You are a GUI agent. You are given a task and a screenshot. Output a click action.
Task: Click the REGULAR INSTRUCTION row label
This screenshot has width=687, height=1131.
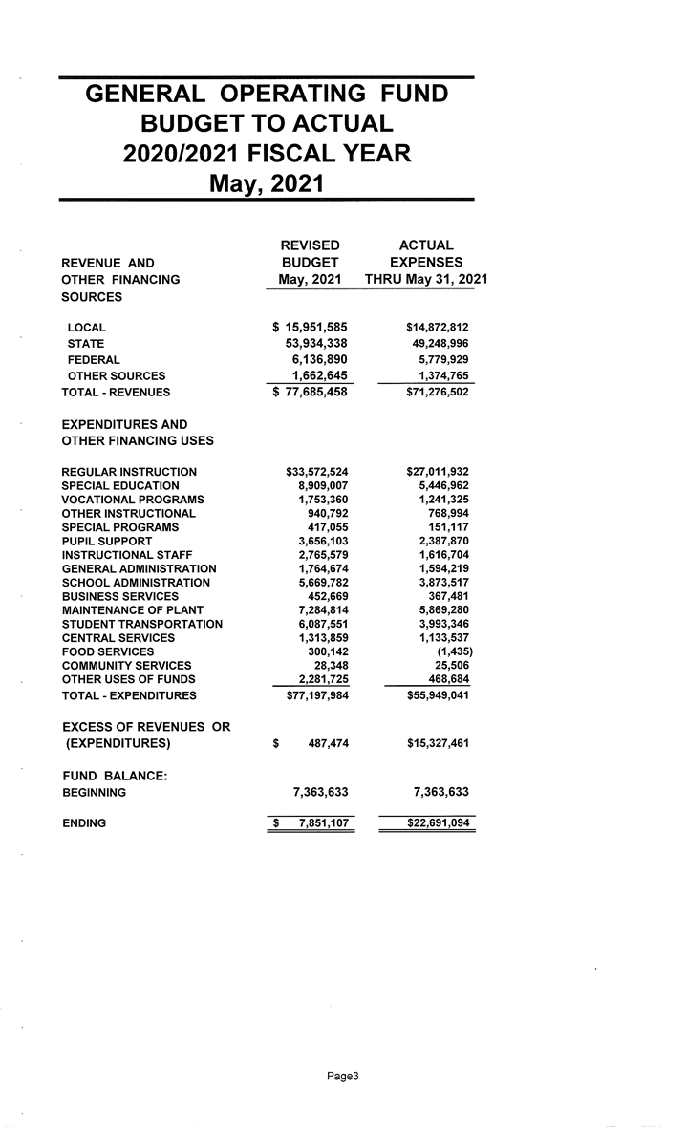[x=129, y=472]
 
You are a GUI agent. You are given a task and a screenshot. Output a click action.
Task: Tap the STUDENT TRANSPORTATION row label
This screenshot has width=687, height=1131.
[x=142, y=624]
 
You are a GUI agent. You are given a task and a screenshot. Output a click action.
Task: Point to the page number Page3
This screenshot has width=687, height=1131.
[x=342, y=1077]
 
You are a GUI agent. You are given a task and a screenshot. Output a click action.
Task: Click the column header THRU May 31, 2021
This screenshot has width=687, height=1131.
[x=426, y=279]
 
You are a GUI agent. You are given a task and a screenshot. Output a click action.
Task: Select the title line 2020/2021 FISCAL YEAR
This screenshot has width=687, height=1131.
[x=267, y=153]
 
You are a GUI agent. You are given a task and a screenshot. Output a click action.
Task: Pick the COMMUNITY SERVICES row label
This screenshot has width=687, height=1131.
[x=126, y=665]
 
